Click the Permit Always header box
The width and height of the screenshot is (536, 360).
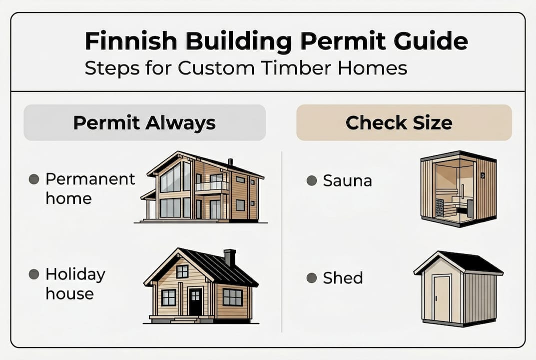[144, 122]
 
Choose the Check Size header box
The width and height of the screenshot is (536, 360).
[404, 122]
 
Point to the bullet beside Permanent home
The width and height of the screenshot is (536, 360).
[34, 179]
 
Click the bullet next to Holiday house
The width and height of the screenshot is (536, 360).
[34, 274]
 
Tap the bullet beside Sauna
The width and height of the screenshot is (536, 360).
[311, 180]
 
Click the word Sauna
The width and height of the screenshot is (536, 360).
[347, 180]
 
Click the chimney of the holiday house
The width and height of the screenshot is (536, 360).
[230, 257]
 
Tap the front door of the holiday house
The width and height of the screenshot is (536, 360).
[195, 301]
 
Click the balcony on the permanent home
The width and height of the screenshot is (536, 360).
[212, 186]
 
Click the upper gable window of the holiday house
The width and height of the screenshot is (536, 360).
[182, 271]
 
